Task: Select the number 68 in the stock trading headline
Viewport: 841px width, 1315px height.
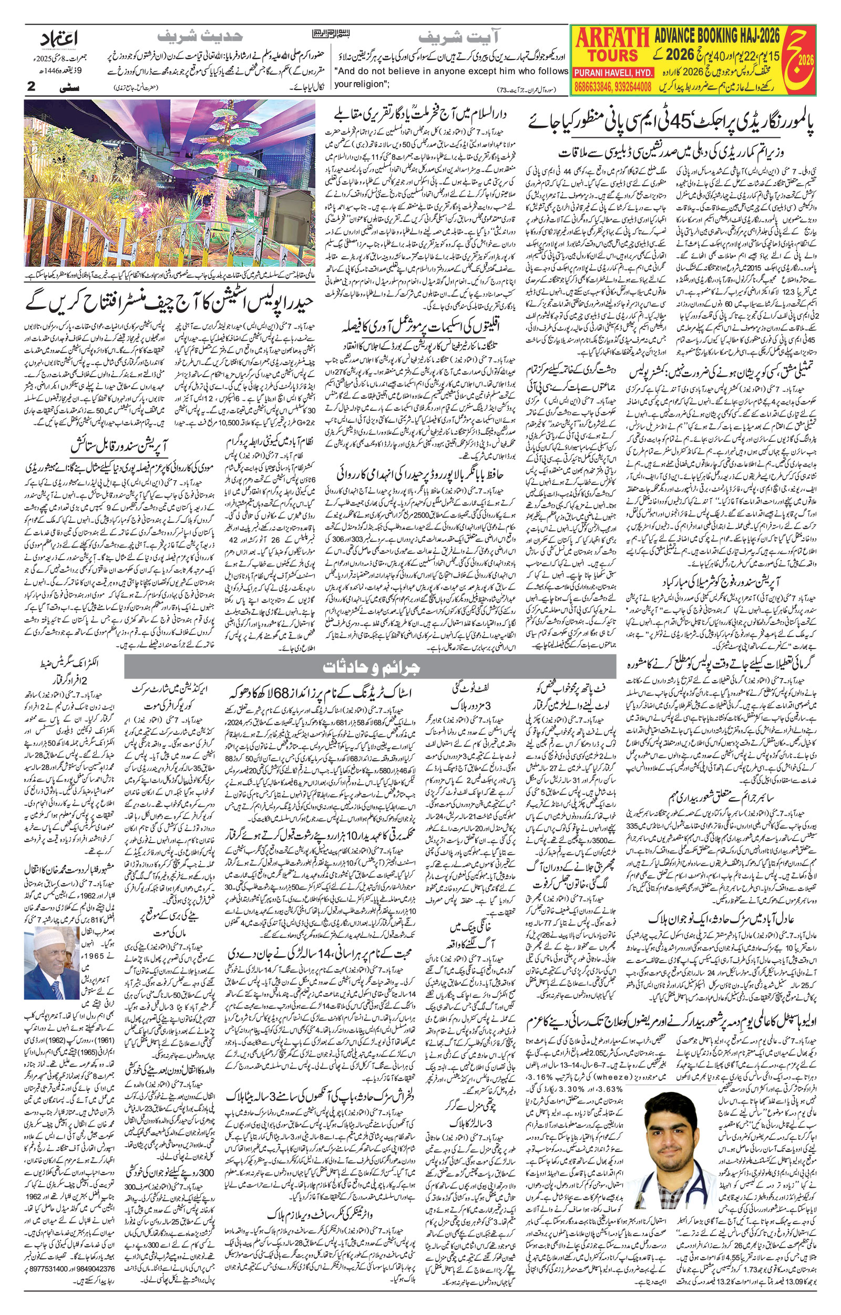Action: pos(279,693)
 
